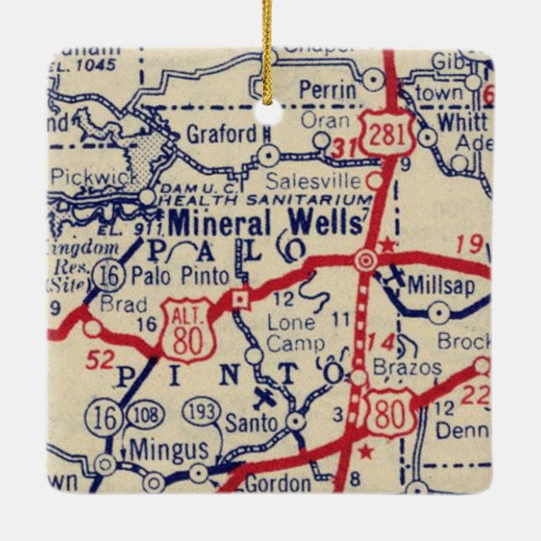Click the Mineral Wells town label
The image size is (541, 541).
266,223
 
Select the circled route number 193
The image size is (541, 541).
202,412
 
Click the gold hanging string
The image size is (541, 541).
268,42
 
